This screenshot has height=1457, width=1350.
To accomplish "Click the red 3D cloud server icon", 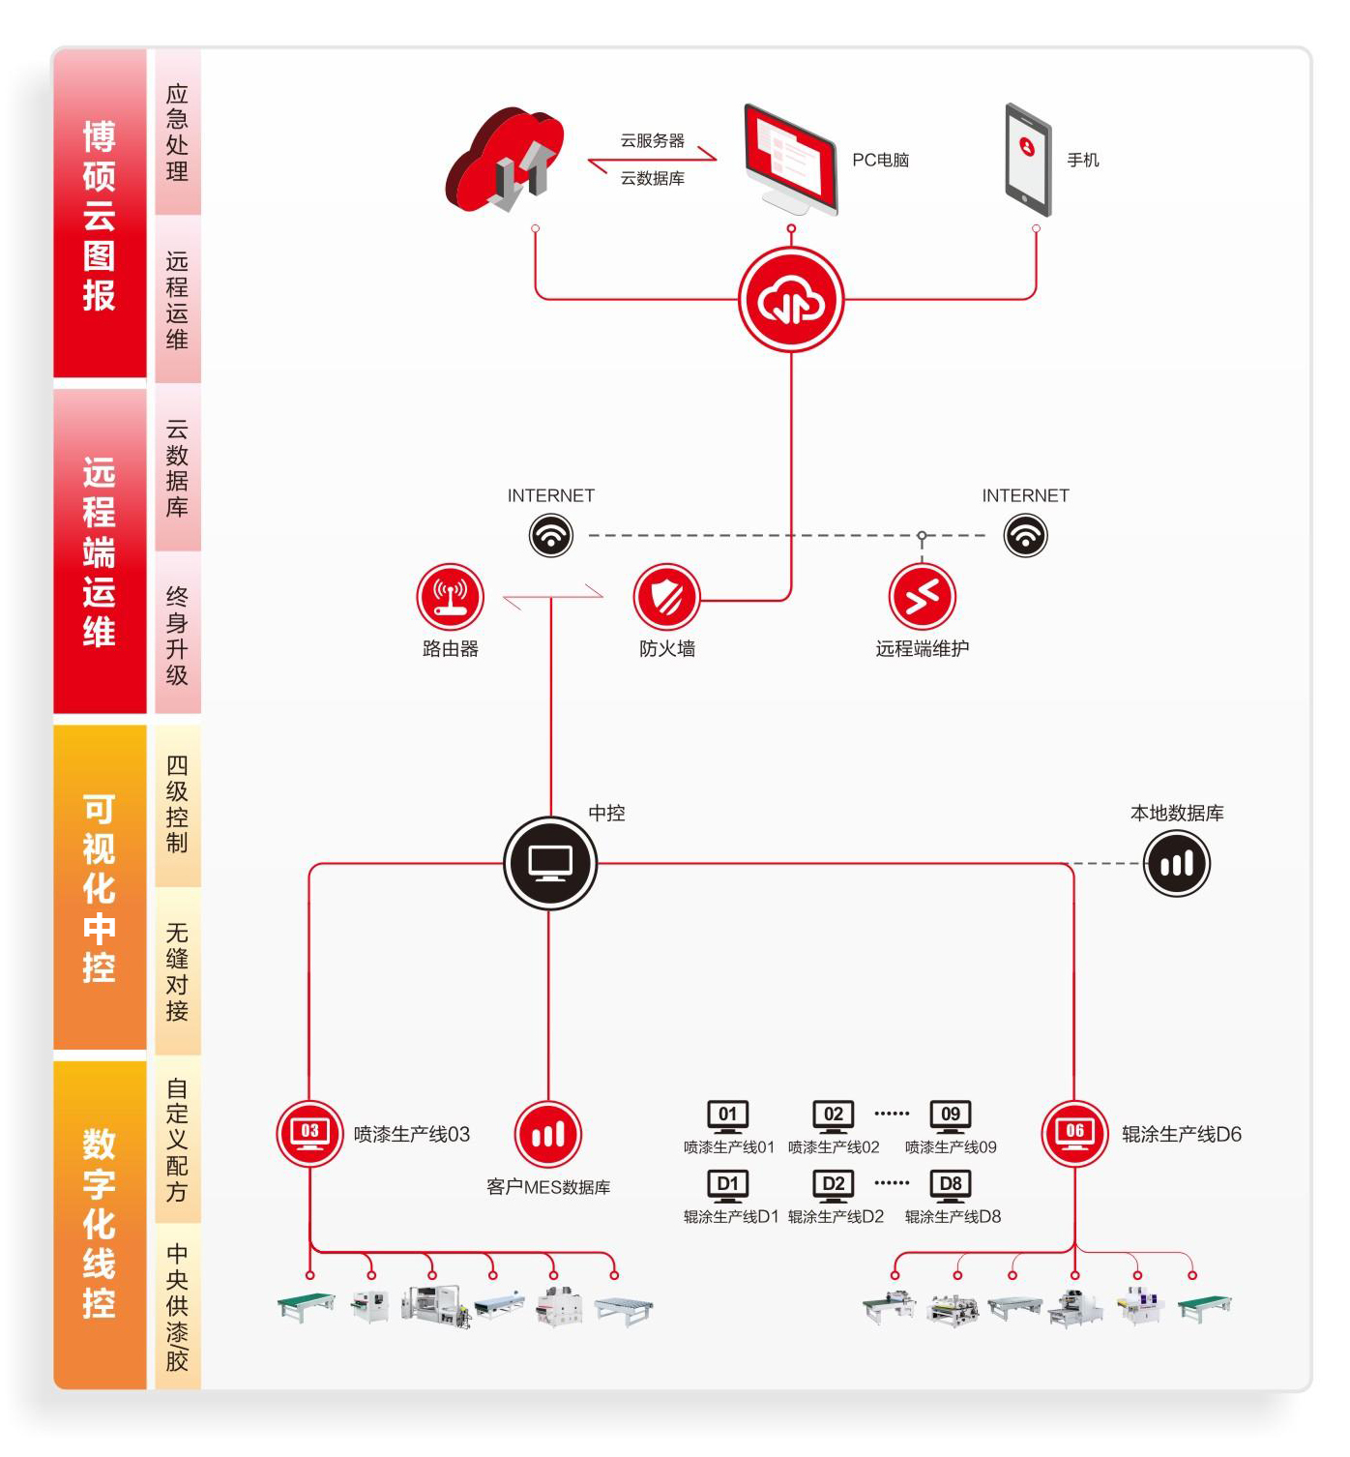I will pyautogui.click(x=504, y=160).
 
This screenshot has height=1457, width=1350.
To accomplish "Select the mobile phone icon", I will pyautogui.click(x=1028, y=160).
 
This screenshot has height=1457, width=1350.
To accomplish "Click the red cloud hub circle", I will pyautogui.click(x=791, y=300).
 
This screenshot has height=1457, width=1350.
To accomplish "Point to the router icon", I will pyautogui.click(x=450, y=597).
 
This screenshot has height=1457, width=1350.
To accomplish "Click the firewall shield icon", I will pyautogui.click(x=666, y=597).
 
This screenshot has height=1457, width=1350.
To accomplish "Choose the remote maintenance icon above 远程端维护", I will pyautogui.click(x=922, y=597).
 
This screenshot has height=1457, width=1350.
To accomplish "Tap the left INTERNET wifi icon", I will pyautogui.click(x=551, y=535).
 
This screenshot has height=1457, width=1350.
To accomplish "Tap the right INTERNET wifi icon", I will pyautogui.click(x=1025, y=535).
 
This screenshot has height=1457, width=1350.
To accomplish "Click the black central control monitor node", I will pyautogui.click(x=550, y=863).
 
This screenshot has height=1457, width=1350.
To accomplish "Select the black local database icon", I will pyautogui.click(x=1177, y=863).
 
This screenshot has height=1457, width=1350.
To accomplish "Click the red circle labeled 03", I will pyautogui.click(x=309, y=1134).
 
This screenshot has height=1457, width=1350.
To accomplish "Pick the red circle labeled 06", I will pyautogui.click(x=1074, y=1134).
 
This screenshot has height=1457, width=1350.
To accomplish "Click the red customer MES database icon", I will pyautogui.click(x=548, y=1134).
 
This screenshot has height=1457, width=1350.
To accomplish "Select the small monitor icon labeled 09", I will pyautogui.click(x=951, y=1116).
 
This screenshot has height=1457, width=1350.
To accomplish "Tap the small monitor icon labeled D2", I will pyautogui.click(x=834, y=1186).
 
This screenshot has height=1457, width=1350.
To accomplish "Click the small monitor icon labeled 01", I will pyautogui.click(x=728, y=1116).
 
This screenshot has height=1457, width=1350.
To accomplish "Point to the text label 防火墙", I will pyautogui.click(x=667, y=649).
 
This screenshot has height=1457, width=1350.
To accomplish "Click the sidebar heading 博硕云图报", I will pyautogui.click(x=100, y=215).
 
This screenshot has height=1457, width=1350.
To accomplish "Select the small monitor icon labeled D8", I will pyautogui.click(x=951, y=1186).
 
